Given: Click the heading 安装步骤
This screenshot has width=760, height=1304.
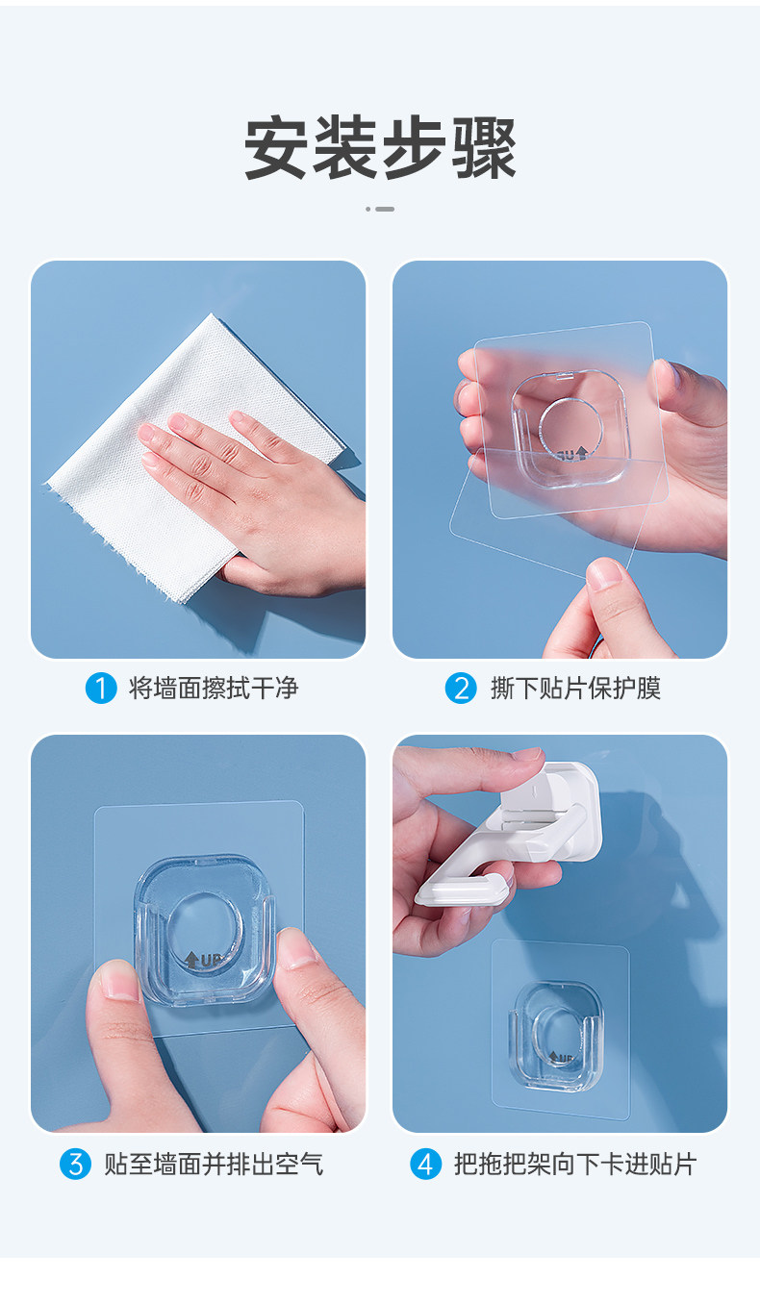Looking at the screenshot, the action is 380,147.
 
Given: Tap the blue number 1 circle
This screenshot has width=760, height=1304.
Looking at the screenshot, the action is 101,689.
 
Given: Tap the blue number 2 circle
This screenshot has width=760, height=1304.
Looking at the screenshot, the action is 461,689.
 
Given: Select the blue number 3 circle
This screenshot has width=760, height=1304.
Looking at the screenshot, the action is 76,1164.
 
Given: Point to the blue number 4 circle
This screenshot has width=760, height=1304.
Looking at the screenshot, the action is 426,1164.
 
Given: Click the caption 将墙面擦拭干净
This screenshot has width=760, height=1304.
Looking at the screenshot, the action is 214,689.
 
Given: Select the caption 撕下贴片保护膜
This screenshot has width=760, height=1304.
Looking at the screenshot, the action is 576,689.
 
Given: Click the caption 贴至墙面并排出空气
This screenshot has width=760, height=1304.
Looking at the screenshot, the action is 214,1164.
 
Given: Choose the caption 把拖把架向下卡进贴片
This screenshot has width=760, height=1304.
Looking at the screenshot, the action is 575,1164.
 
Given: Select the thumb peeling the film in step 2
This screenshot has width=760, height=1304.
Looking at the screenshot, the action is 609,606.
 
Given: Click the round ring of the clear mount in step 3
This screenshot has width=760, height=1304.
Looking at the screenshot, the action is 206,926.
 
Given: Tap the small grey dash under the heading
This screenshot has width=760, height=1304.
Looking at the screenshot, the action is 385,209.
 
